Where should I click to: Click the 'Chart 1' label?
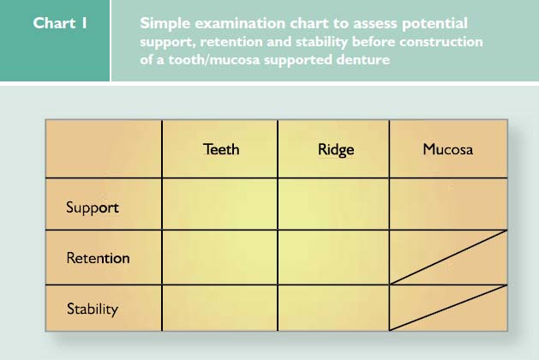[60, 23]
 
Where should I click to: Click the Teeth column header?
[221, 149]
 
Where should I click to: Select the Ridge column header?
[336, 150]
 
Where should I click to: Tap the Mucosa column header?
[448, 149]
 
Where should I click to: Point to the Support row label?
[93, 207]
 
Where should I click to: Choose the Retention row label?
[98, 258]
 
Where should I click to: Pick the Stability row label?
[93, 309]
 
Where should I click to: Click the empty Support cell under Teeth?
[219, 204]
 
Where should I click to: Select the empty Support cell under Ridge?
[333, 204]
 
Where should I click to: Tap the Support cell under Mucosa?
[448, 204]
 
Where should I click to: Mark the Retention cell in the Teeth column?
[219, 257]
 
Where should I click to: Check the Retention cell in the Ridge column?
[333, 257]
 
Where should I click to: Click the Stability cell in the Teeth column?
[219, 308]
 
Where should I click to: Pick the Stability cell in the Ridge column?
[333, 308]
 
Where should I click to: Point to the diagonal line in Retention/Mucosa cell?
[448, 257]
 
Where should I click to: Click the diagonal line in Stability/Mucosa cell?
[448, 308]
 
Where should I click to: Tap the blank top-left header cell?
[104, 149]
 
